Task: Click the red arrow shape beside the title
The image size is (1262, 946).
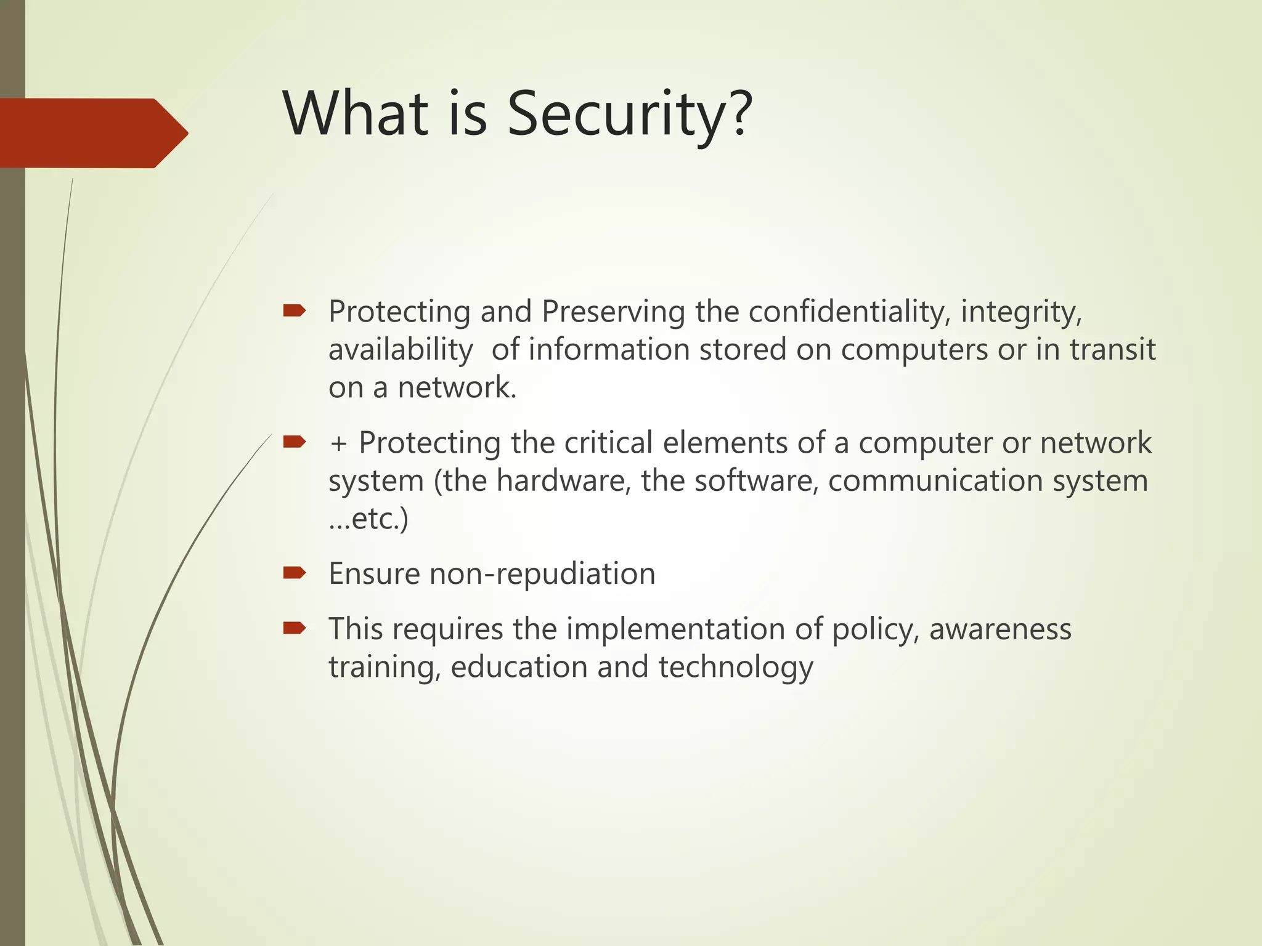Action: [92, 133]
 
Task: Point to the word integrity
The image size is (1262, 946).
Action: [1020, 312]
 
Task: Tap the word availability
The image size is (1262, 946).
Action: [401, 350]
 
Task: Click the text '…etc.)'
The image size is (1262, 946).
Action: [368, 519]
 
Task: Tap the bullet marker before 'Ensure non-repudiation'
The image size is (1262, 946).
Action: [295, 573]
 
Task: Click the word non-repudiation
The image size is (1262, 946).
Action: [542, 574]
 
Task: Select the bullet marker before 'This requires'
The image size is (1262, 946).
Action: [295, 628]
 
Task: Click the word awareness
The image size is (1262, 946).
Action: [1000, 629]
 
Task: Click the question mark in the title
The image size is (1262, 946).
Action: [739, 114]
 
